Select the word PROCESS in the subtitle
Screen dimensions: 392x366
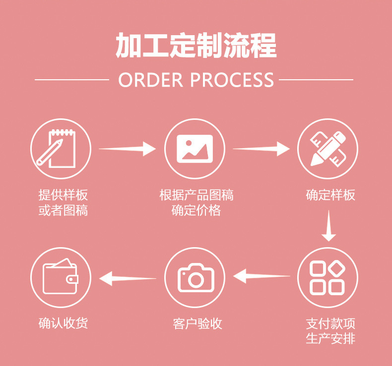coord(232,80)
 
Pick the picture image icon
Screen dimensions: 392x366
coord(195,148)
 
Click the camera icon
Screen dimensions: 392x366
coord(195,277)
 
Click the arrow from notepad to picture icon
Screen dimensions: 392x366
coord(128,148)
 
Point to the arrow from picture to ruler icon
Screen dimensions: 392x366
coord(261,148)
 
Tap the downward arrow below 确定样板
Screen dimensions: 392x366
coord(328,226)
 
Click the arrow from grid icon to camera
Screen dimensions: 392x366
coord(261,275)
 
